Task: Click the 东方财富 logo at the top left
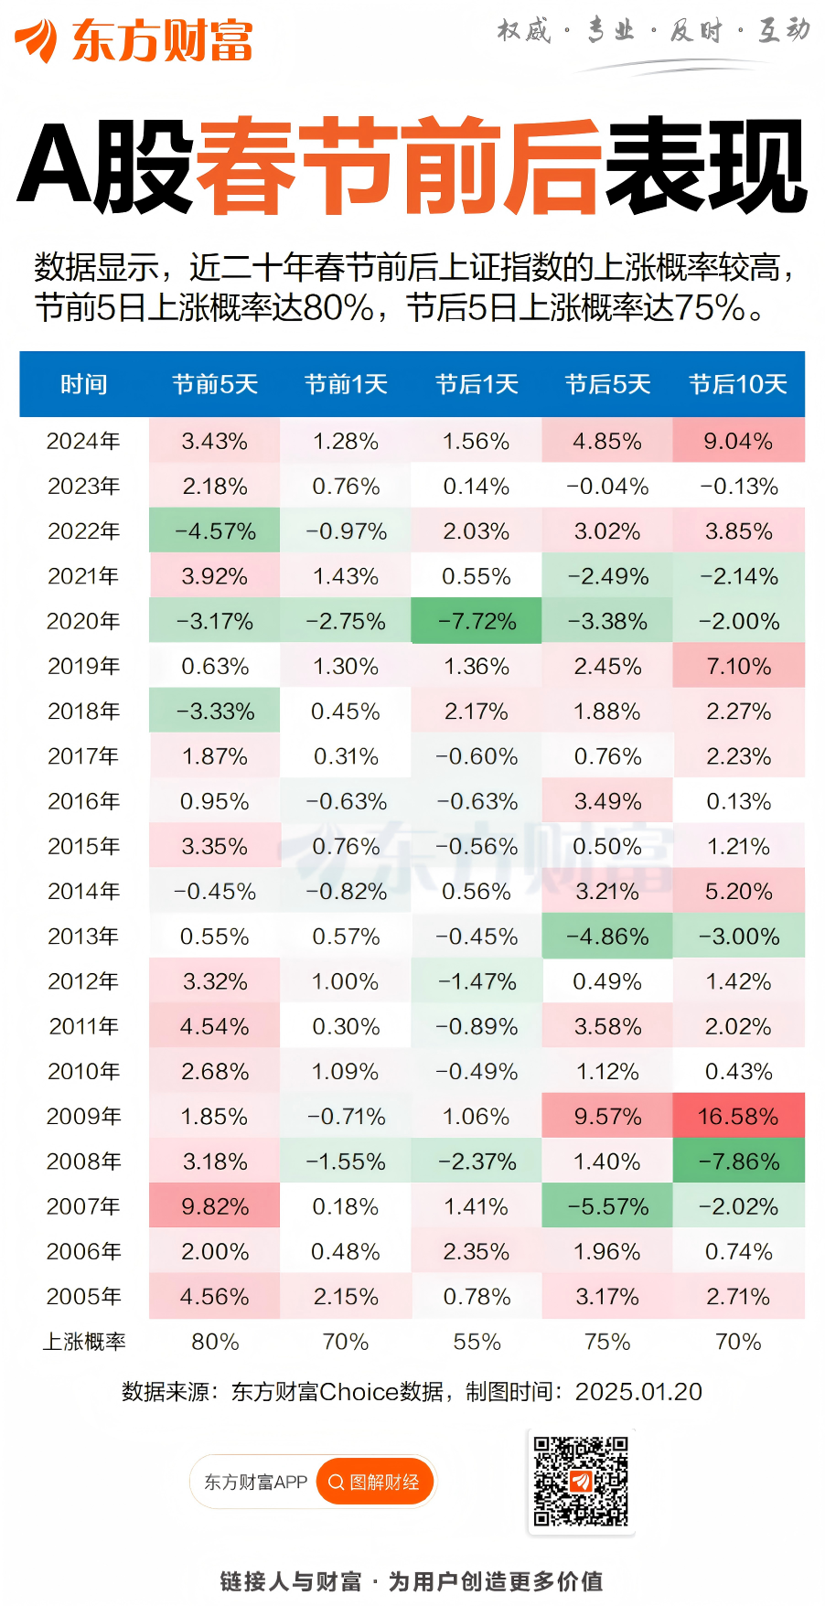point(134,40)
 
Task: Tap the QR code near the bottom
point(581,1481)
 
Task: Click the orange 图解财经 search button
point(374,1482)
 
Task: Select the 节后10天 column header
point(738,384)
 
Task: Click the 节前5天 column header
point(215,384)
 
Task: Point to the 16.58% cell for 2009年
point(738,1116)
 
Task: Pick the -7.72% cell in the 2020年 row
point(477,622)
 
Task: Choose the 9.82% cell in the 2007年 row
point(215,1206)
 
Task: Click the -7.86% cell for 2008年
point(738,1162)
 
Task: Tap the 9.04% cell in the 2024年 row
point(738,442)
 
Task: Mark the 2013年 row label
point(83,937)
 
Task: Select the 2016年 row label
point(83,801)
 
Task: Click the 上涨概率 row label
point(83,1342)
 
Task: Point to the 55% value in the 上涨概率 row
point(477,1342)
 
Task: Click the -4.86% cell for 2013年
point(607,937)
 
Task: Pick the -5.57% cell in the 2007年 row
point(607,1206)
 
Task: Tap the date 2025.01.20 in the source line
point(638,1392)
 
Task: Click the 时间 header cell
point(83,384)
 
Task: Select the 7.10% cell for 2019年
point(738,667)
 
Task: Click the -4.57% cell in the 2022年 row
point(215,531)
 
